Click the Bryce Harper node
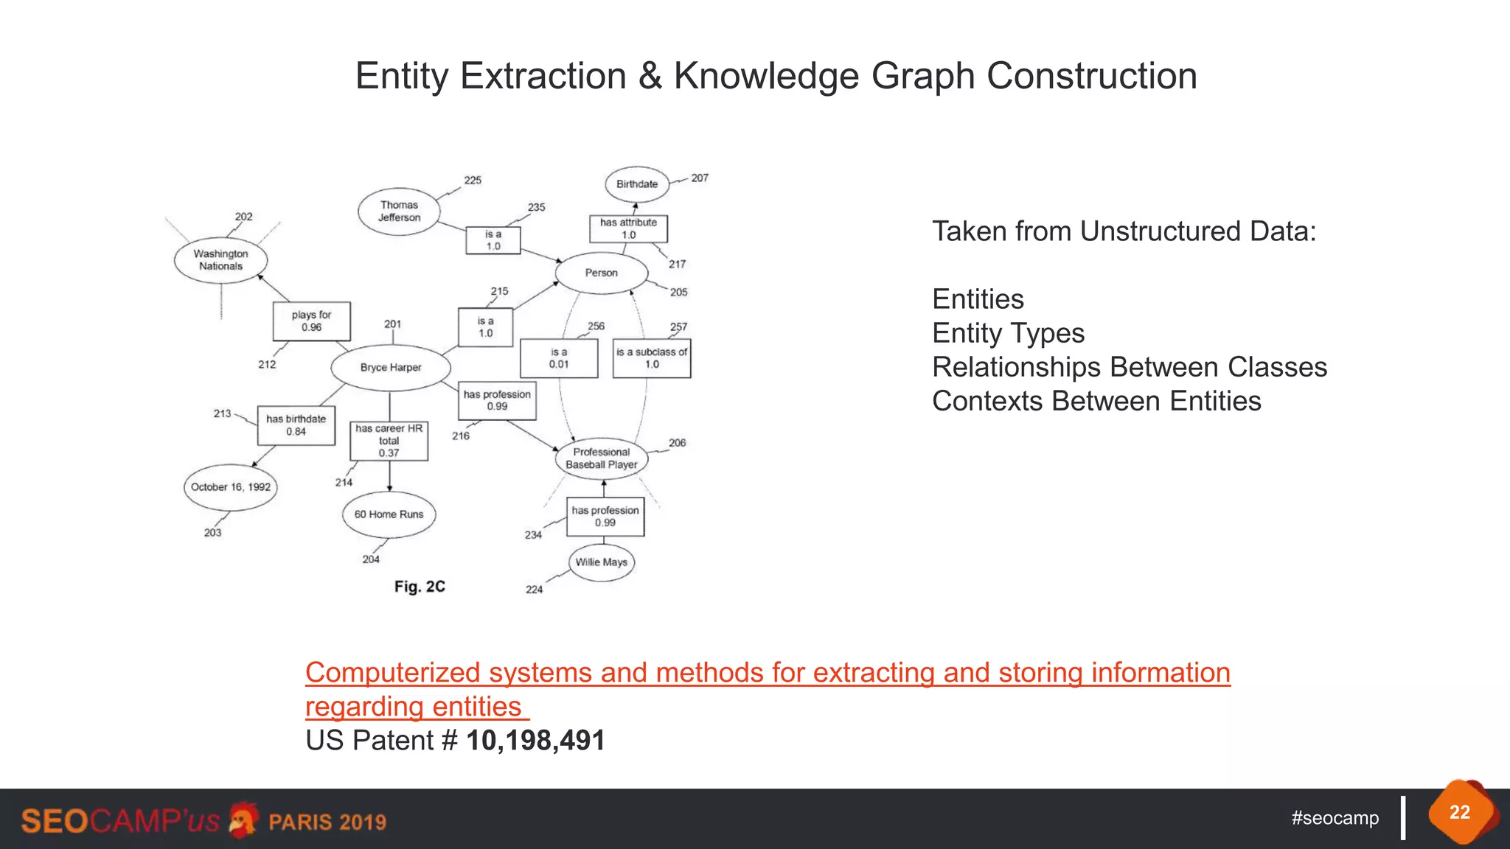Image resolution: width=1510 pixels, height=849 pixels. (391, 367)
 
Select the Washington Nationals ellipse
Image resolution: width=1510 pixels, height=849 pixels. (220, 260)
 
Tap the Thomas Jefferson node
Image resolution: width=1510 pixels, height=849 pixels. (399, 212)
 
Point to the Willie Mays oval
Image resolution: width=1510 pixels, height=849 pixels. (602, 562)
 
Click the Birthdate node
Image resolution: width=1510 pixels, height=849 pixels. (637, 184)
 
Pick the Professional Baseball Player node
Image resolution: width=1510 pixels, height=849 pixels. (602, 458)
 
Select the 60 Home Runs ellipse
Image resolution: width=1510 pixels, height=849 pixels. (389, 514)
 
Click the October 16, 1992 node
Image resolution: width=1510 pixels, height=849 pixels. (231, 487)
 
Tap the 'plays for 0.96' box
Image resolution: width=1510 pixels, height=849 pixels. (311, 321)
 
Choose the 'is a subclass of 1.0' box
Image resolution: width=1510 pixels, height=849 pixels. (652, 358)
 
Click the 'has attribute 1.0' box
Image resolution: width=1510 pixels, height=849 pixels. (628, 228)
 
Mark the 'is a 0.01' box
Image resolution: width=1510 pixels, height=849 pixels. (559, 358)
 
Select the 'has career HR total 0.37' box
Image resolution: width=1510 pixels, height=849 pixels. (389, 441)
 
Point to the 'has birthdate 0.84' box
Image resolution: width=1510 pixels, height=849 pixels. (296, 425)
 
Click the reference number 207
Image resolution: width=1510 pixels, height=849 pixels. (700, 178)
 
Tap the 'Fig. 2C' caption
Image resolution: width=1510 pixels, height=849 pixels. (420, 587)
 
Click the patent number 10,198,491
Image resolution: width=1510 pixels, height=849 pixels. (535, 741)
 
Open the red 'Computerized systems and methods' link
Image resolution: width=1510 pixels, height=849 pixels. (768, 673)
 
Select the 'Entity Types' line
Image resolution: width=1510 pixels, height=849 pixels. (1008, 333)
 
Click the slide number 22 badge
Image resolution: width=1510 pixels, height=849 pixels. (1460, 812)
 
